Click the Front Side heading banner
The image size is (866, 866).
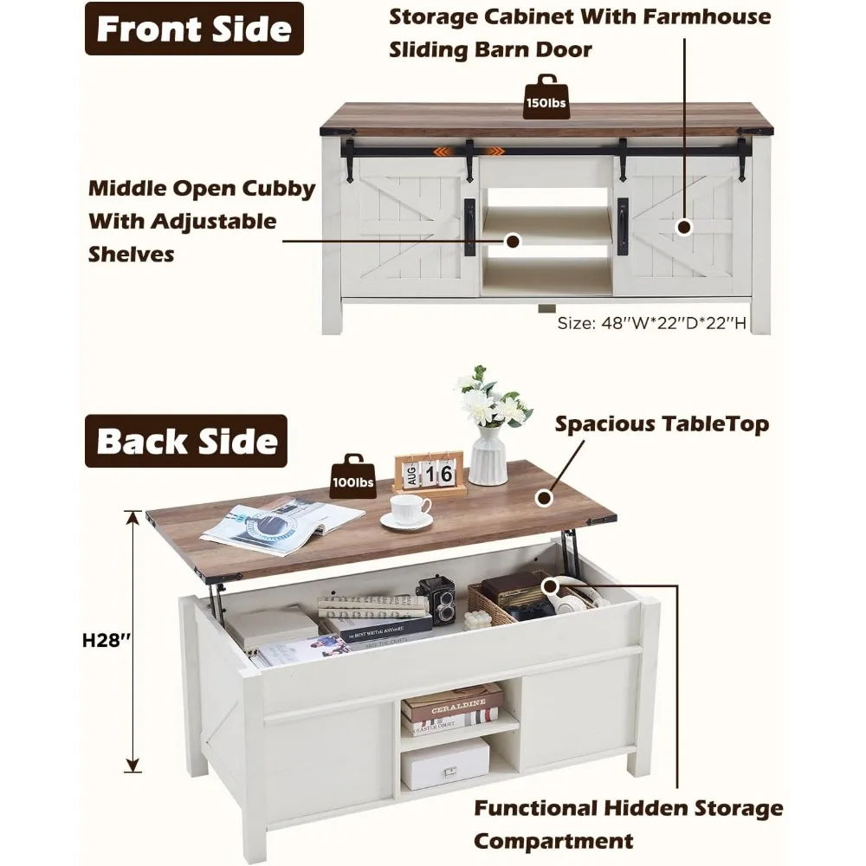(x=194, y=29)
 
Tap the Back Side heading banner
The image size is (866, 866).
(x=186, y=441)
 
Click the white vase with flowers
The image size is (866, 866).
(x=489, y=437)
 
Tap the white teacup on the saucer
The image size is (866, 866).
(x=408, y=510)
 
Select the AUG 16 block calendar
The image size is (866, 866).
(x=429, y=474)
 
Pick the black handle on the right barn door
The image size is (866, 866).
(x=623, y=227)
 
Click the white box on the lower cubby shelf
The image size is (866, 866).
(x=444, y=762)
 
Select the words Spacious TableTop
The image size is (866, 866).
(x=662, y=424)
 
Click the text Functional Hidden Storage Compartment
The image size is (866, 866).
(x=628, y=824)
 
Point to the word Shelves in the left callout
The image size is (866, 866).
(x=132, y=254)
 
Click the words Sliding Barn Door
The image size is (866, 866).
(x=490, y=49)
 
